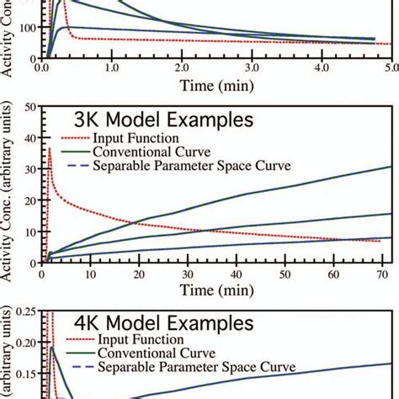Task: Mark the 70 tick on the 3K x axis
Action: [x=386, y=274]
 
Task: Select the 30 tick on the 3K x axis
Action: [x=189, y=274]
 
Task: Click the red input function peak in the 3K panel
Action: [x=50, y=149]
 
